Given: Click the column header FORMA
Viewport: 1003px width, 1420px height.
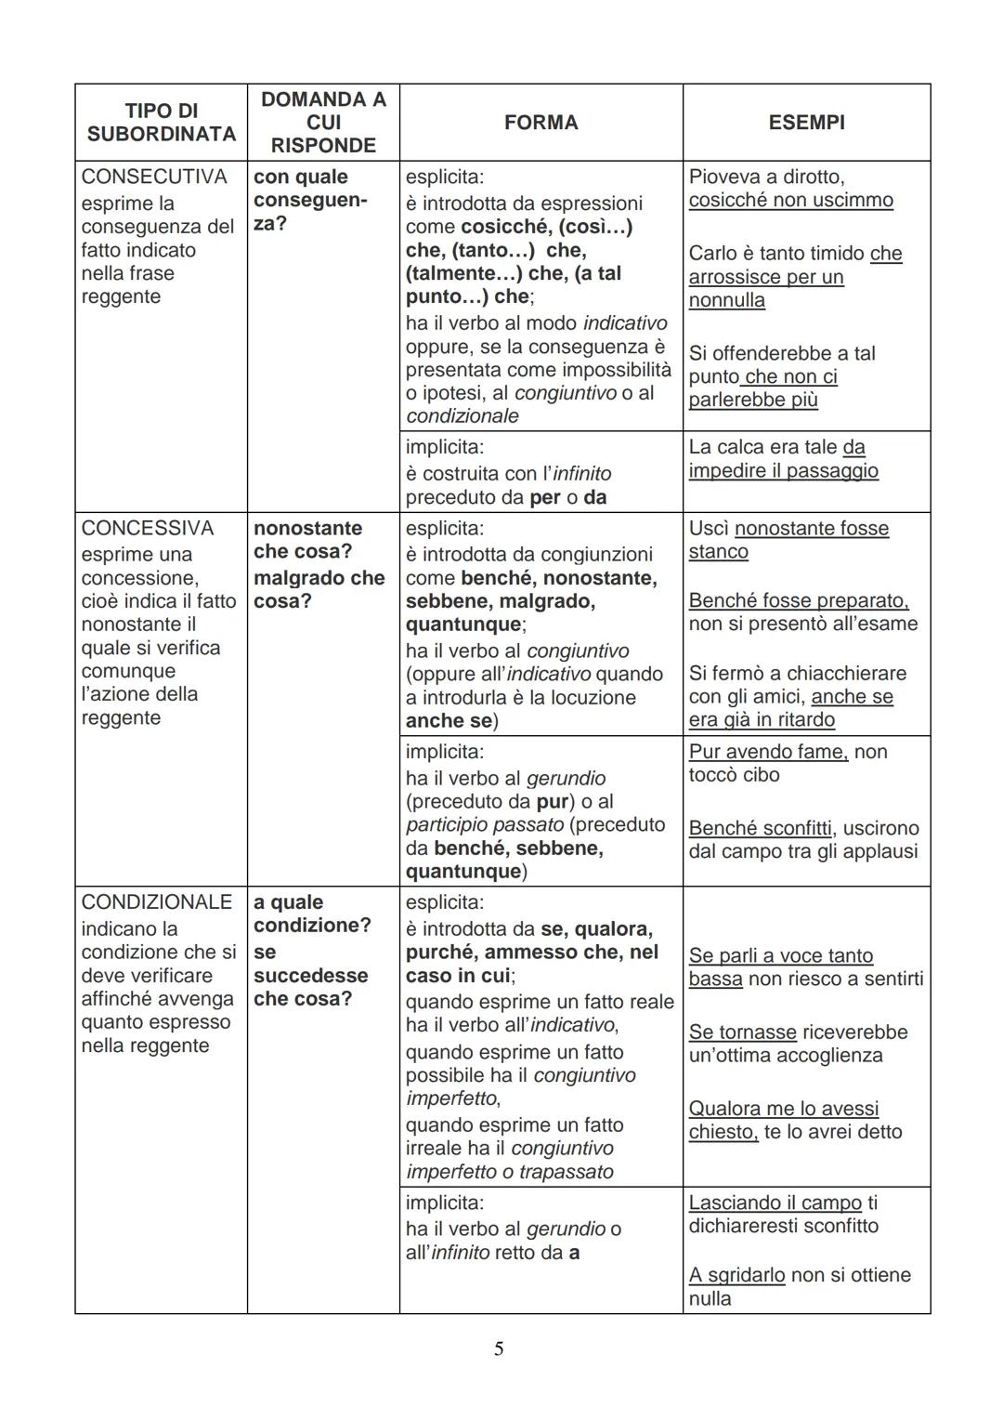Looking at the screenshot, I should point(541,123).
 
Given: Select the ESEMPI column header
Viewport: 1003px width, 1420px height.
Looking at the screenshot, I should point(806,123).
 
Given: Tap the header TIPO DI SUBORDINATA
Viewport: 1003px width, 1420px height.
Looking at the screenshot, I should point(161,123).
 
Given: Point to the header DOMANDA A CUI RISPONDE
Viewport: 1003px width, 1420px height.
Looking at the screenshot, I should point(323,123).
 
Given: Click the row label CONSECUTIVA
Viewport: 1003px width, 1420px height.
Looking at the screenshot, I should point(154,177).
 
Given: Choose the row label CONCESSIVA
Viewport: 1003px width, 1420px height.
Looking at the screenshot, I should point(148,528).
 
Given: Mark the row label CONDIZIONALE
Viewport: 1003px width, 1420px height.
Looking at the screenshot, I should point(157,902).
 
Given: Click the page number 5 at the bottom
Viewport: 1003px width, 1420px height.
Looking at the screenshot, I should point(499,1348).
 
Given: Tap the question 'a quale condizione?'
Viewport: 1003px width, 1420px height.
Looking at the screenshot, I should point(311,914).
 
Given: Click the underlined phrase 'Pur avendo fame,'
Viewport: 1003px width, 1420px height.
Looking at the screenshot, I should point(768,752).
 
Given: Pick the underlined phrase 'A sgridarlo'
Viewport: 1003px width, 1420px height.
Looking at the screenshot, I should point(736,1275).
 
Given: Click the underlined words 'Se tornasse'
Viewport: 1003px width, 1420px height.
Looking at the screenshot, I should point(742,1032).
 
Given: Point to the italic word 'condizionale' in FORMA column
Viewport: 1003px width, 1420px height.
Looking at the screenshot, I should point(462,416).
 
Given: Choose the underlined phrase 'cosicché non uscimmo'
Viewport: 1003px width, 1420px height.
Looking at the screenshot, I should point(790,201).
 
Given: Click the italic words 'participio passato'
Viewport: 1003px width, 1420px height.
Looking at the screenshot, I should point(485,825).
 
